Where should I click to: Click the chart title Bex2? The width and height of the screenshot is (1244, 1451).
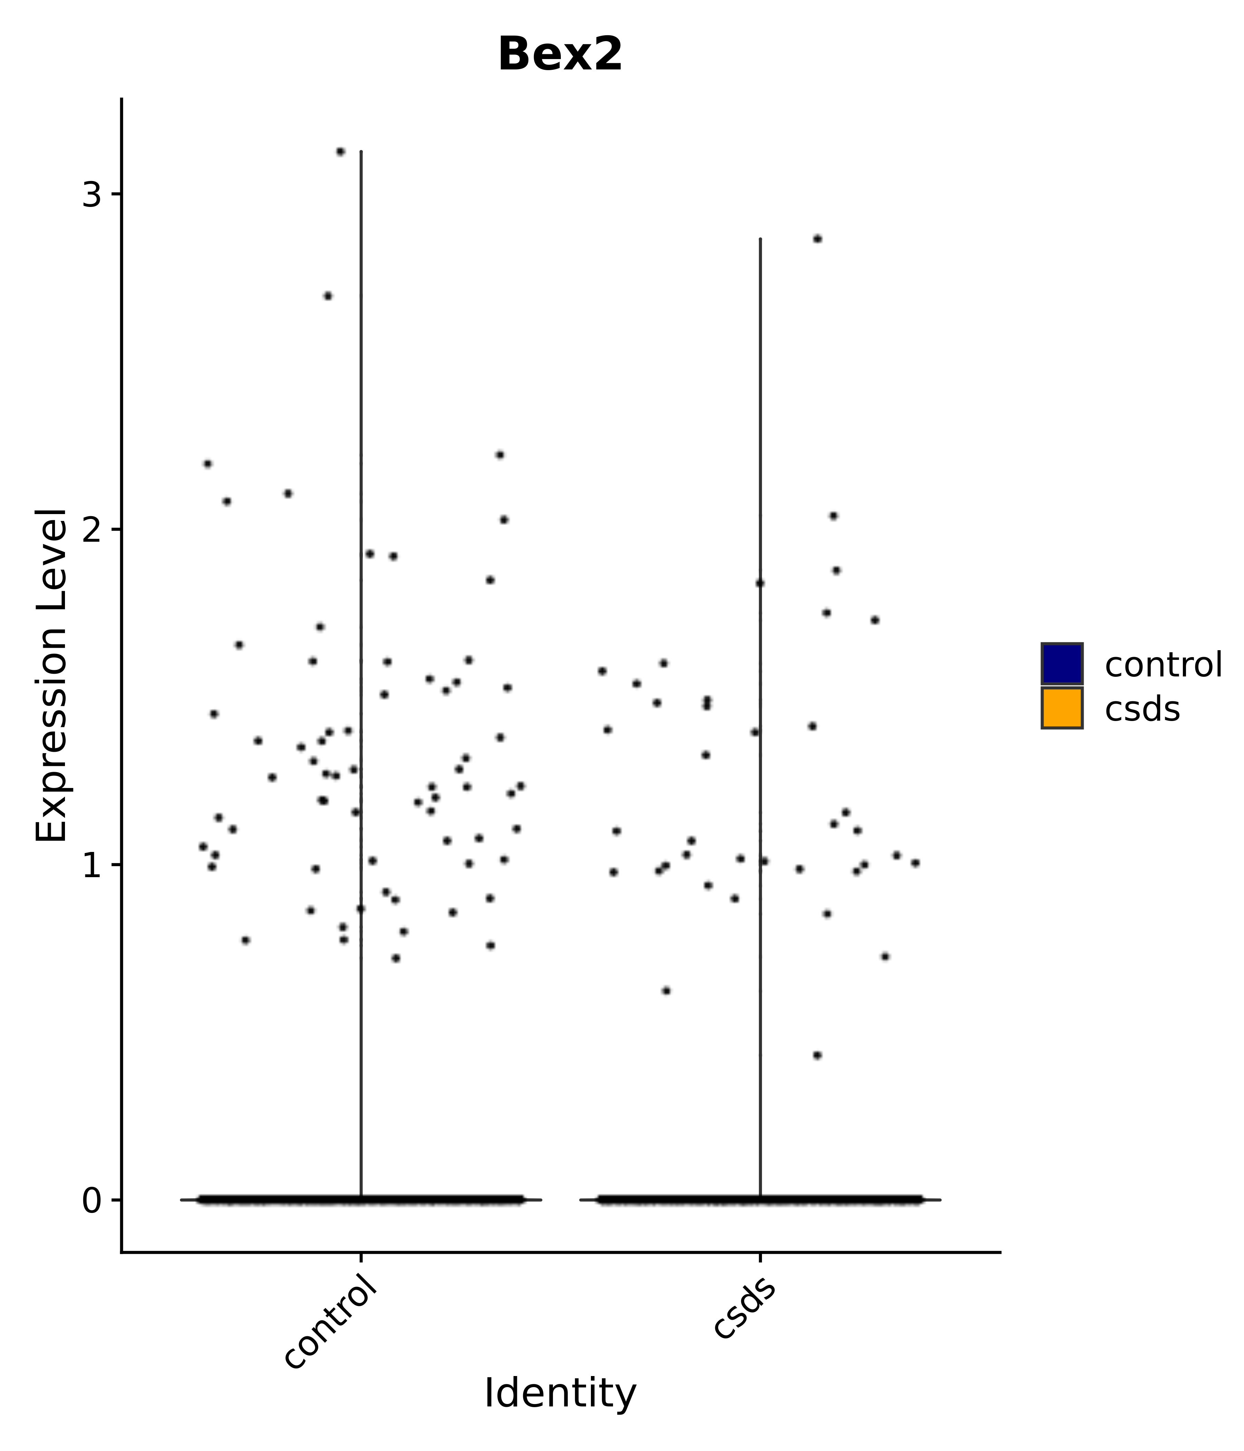point(560,55)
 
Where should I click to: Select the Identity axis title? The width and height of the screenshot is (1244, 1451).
point(560,1393)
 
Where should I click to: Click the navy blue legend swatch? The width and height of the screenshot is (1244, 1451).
point(1061,663)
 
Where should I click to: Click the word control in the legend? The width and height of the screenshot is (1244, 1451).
point(1163,665)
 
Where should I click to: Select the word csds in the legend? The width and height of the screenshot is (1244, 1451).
point(1142,709)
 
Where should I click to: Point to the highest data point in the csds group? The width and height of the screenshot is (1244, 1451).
point(817,239)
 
